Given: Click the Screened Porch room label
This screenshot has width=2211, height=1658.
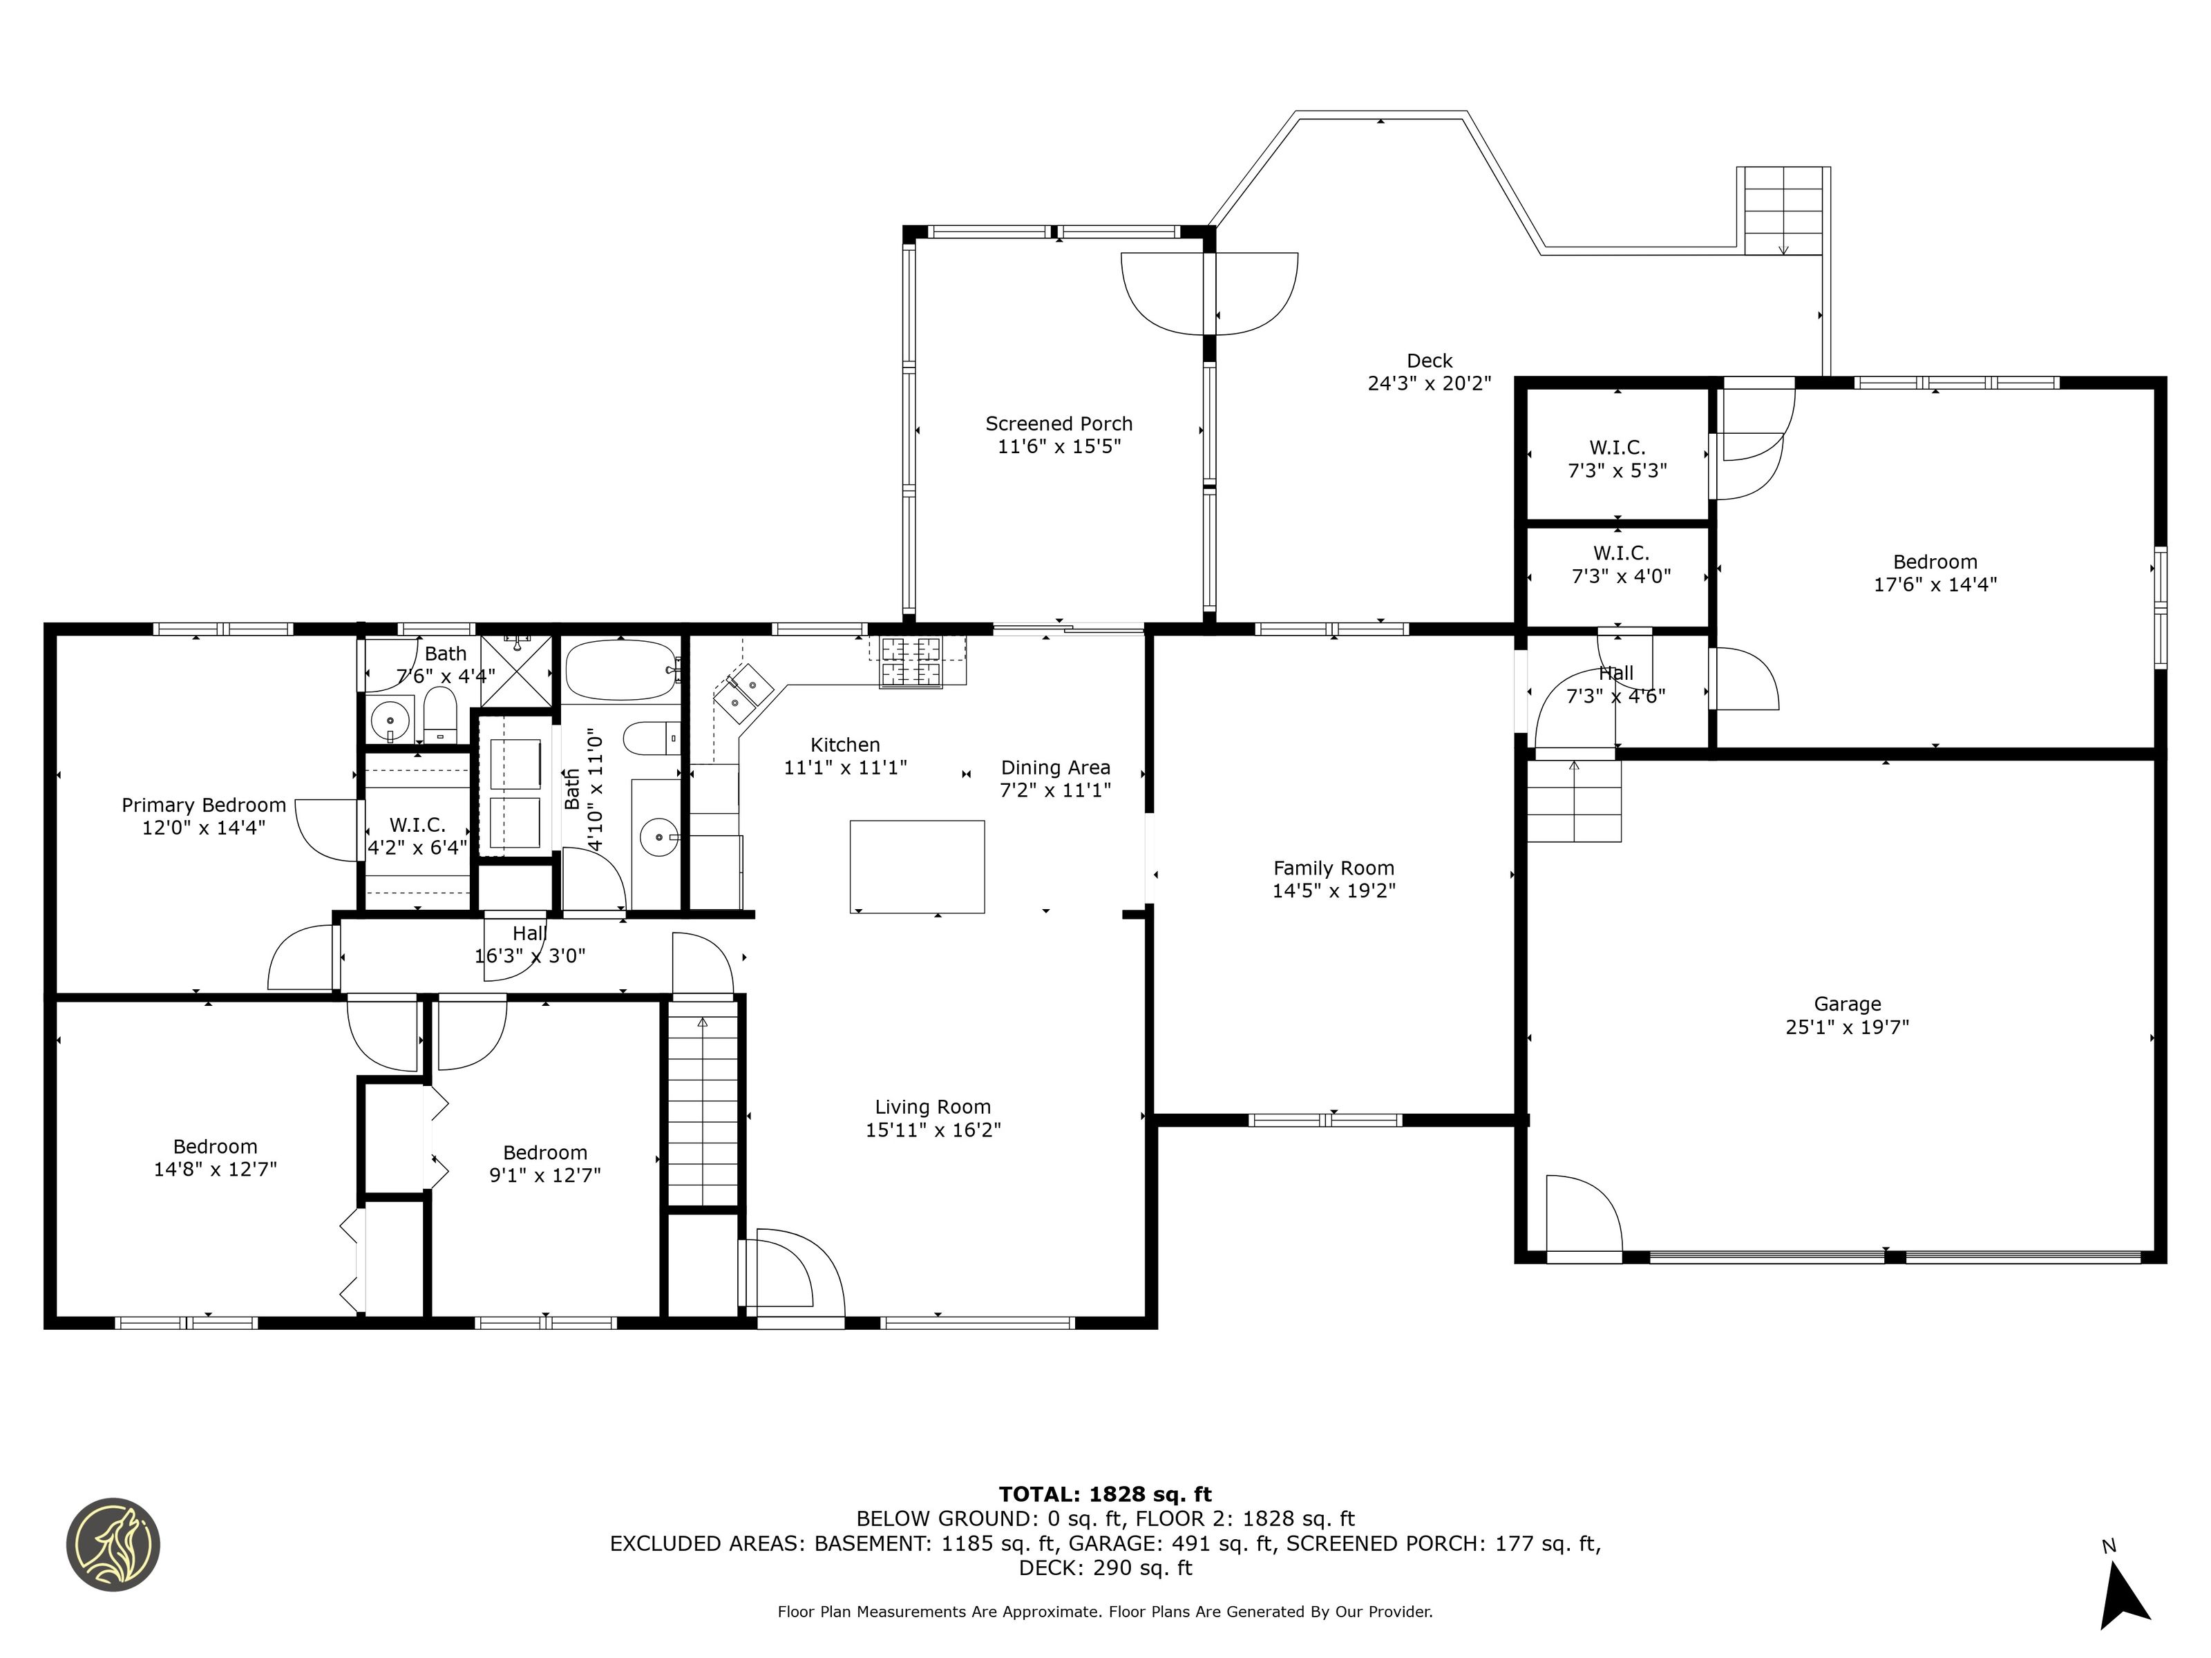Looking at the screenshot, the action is pos(1059,423).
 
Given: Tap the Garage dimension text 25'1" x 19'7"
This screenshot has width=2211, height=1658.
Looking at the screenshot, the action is pos(1847,1027).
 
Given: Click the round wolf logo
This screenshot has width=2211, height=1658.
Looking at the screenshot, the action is pos(113,1544).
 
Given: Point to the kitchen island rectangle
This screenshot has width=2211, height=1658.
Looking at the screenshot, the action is pos(917,866).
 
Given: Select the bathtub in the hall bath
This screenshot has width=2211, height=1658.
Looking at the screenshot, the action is pos(622,669).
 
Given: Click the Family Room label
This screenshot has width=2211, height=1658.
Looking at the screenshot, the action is pos(1334,868).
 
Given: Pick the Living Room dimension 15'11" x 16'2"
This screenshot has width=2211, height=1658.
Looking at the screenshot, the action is pos(933,1130).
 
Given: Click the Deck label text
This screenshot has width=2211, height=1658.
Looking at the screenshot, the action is pos(1430,361).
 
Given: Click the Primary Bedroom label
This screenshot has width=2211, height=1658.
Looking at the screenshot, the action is pos(204,806).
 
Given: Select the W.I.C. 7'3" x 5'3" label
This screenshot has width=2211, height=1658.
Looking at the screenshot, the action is pos(1617,459).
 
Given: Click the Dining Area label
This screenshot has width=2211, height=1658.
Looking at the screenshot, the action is pos(1056,768).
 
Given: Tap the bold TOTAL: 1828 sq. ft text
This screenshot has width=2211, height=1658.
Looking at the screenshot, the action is pos(1105,1494).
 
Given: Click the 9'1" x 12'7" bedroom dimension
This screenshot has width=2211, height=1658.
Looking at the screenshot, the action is pos(544,1174).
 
